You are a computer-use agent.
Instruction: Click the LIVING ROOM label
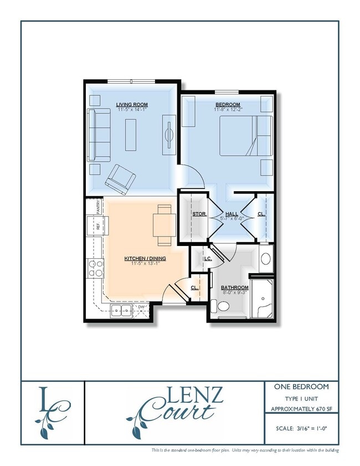pos(132,104)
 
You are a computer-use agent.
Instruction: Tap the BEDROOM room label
pos(228,105)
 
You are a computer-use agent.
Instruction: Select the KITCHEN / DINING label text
pos(145,258)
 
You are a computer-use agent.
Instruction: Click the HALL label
pos(232,214)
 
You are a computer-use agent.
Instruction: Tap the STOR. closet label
pos(199,214)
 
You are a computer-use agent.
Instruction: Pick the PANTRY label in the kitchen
pos(98,208)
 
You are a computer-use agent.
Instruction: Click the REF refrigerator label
pos(98,226)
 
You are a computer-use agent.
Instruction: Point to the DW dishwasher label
pos(141,306)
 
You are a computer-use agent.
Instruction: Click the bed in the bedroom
pos(246,136)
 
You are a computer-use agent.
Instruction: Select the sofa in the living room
pos(99,135)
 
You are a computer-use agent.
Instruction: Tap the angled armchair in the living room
pos(121,178)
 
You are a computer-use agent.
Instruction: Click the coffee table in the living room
pos(132,135)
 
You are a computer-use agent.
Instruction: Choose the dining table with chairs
pos(164,225)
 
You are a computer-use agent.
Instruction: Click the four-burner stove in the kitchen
pos(95,269)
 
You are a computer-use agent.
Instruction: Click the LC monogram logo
pos(52,412)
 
